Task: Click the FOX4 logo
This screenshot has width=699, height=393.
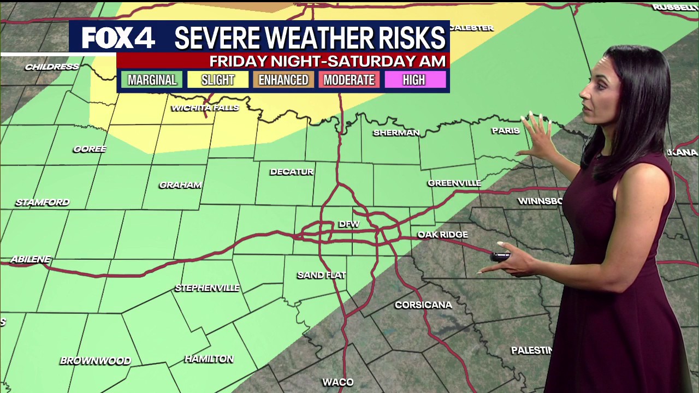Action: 119,38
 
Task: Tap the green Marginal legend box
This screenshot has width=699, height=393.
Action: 152,80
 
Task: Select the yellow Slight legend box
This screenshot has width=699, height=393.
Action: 218,80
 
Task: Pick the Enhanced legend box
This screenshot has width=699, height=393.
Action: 283,80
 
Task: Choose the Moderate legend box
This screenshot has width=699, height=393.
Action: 349,80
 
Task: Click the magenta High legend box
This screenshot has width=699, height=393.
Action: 414,80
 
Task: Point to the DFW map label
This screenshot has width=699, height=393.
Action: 349,224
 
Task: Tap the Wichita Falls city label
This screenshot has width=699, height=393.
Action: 205,108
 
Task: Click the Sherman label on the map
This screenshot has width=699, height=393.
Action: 396,133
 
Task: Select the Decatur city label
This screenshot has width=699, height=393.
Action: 292,172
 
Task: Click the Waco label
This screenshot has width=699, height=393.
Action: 338,382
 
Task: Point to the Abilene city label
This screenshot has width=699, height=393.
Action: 30,259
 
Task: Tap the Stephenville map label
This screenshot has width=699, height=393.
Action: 207,288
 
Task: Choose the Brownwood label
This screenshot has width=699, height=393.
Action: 96,361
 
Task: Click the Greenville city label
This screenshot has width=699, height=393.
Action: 454,183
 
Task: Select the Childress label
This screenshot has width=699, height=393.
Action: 52,67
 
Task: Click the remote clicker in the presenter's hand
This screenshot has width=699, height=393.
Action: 500,257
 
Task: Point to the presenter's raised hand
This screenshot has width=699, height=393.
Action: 537,134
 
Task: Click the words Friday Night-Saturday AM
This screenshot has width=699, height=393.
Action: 328,61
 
